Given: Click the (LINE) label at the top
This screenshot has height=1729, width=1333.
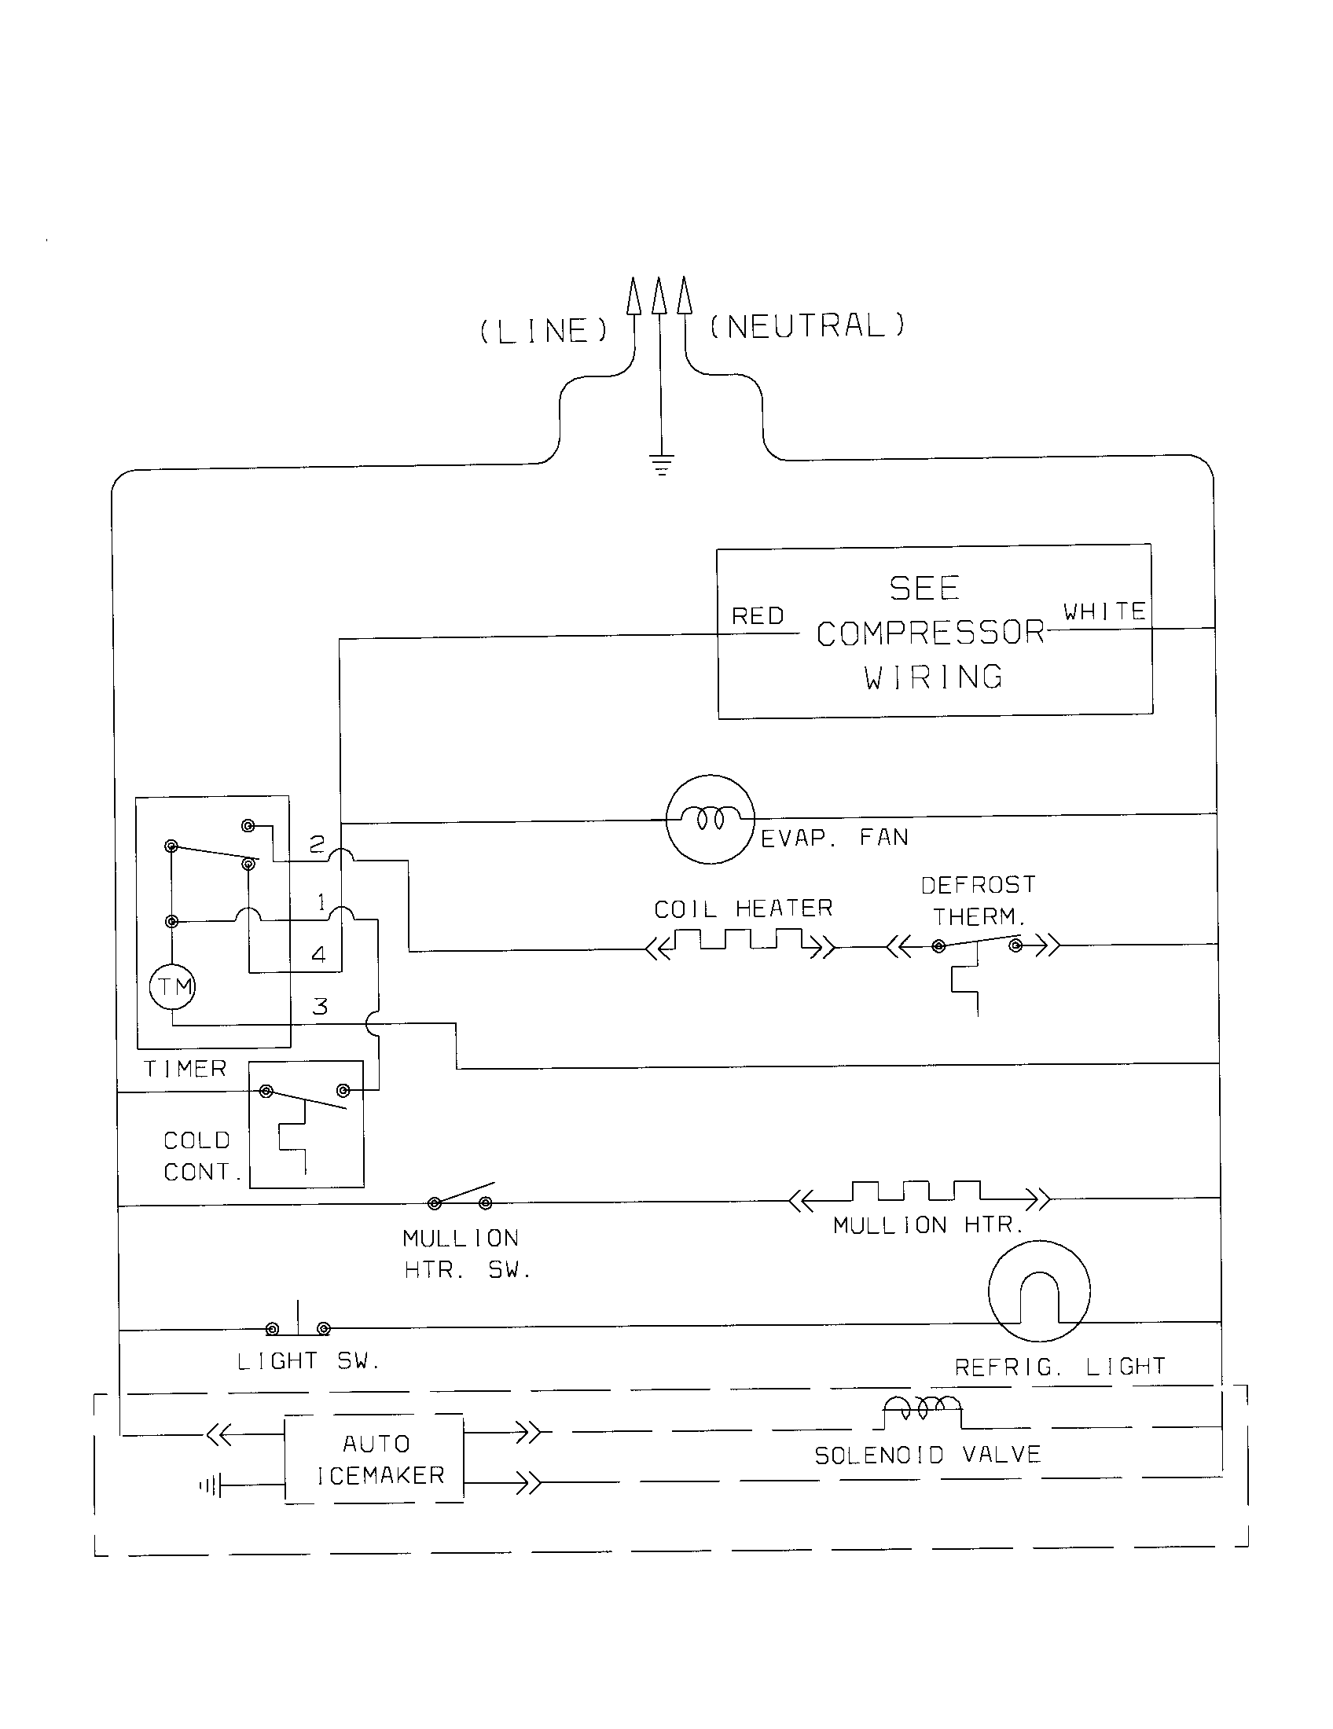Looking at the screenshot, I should point(545,331).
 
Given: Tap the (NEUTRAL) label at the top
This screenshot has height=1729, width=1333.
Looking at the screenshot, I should point(806,326).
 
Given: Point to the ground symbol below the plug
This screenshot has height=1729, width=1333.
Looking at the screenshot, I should point(661,464).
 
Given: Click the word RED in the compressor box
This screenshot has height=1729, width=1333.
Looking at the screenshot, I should point(758,616).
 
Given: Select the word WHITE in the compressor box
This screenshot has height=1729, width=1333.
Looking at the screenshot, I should point(1104,612).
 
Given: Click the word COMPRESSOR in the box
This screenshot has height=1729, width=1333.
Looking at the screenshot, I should point(931,633).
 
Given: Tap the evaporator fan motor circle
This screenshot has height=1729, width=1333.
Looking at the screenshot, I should point(709,820).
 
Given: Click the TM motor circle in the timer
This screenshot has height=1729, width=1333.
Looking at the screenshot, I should point(173,987).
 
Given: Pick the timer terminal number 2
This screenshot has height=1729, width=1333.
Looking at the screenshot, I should point(317,845).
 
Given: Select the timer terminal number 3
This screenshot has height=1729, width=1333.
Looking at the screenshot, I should point(320,1007).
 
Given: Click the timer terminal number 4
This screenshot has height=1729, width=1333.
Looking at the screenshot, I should point(318,955).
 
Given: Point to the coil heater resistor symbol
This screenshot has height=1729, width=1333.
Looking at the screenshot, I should point(740,942).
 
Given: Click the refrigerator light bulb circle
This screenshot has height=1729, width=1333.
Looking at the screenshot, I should point(1038,1291).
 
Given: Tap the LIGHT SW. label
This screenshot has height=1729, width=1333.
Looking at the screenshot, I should point(309,1361).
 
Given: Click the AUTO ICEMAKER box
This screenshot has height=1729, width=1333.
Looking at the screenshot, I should point(374,1459).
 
